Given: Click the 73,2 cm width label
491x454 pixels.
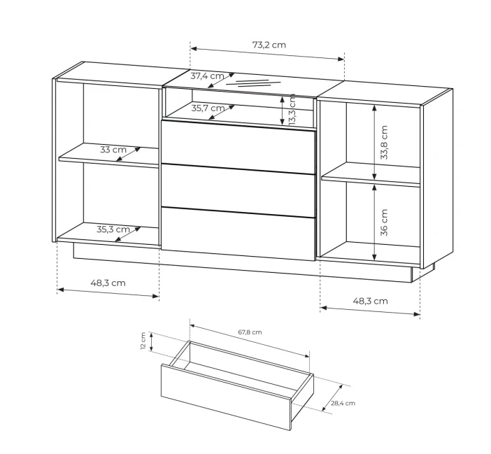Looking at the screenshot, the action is pos(269,45).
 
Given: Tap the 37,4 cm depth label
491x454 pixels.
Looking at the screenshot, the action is pos(207,76).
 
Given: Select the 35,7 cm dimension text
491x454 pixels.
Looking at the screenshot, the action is pos(208,108).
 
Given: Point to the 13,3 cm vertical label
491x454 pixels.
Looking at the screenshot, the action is pos(292,110).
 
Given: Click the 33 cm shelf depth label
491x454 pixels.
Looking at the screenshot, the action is pos(113,150).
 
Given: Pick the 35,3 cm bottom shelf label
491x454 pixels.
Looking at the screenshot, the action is pos(113,229).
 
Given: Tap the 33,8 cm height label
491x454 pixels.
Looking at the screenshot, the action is pos(384,143).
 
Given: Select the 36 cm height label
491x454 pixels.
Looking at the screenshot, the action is pos(384,222).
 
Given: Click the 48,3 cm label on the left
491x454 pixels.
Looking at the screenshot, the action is pos(108,283).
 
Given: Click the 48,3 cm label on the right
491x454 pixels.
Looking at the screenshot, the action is pos(371,302).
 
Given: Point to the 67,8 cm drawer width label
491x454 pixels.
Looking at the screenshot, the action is pos(250,332).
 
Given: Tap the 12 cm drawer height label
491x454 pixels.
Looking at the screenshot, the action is pos(143,341).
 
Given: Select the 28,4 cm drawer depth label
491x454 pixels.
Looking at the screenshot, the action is pos(343,403).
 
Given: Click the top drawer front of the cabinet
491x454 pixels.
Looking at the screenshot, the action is pos(238,147).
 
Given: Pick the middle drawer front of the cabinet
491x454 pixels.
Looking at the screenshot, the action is pos(238,191).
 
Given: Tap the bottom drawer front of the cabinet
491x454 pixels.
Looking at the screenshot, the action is pos(238,234).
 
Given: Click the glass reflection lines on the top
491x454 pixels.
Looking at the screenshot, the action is pos(253,83).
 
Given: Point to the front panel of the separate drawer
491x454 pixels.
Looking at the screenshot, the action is pos(226,397).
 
